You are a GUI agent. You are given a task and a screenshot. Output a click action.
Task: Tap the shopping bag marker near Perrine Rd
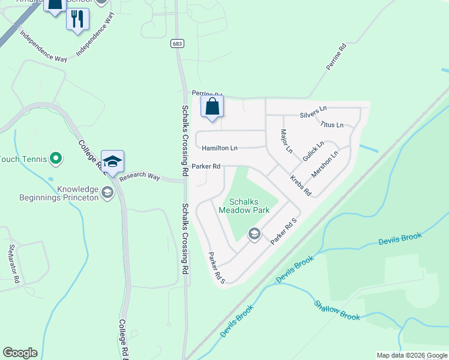212,107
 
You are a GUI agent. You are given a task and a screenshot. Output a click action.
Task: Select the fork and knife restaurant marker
77,19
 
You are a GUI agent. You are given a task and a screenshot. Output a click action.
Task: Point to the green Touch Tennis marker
56,158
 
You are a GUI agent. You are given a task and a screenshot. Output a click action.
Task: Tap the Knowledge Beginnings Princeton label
78,193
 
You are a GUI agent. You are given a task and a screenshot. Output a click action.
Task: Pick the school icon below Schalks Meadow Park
254,233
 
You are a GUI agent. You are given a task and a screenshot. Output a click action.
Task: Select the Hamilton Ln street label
220,148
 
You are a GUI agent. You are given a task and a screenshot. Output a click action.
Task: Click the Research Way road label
140,177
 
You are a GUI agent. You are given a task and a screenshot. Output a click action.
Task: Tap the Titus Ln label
332,125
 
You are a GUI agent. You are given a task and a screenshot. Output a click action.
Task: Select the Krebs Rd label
300,186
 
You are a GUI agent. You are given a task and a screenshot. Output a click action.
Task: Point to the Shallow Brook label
337,310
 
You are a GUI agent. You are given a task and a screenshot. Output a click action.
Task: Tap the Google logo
20,353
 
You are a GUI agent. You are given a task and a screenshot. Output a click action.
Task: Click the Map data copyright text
412,355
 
